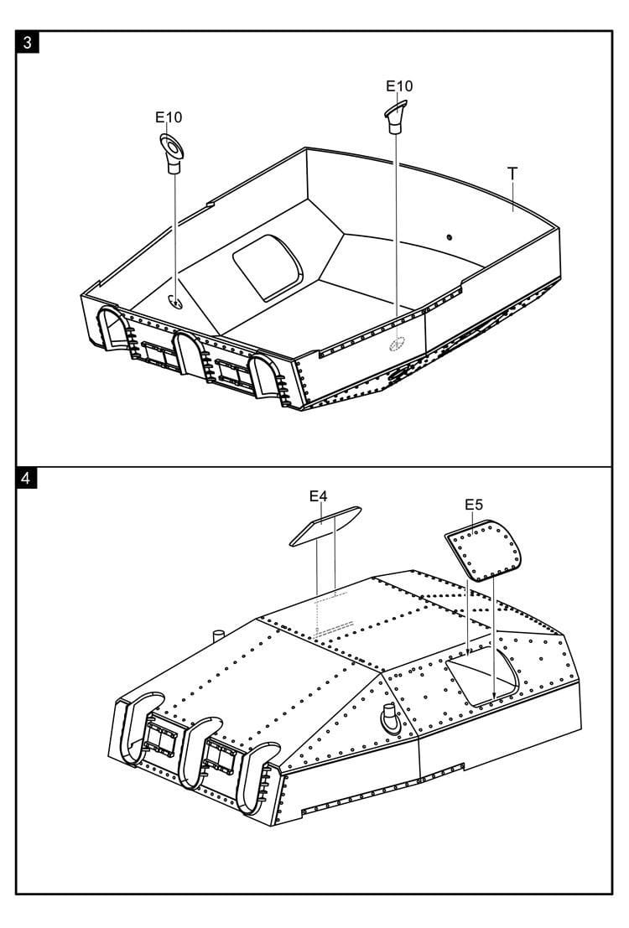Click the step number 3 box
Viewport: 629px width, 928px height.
pyautogui.click(x=27, y=43)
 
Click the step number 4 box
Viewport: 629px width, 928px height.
pyautogui.click(x=26, y=478)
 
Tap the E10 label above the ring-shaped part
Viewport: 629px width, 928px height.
pyautogui.click(x=169, y=117)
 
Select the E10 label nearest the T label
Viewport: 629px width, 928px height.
pyautogui.click(x=399, y=86)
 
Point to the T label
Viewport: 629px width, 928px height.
pyautogui.click(x=512, y=173)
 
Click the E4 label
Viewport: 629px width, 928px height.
pyautogui.click(x=318, y=496)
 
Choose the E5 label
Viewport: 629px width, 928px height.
pyautogui.click(x=474, y=505)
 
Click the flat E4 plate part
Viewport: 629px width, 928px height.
pyautogui.click(x=325, y=526)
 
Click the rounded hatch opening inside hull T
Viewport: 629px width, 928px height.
pyautogui.click(x=268, y=267)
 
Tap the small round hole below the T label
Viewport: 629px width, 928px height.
pyautogui.click(x=449, y=237)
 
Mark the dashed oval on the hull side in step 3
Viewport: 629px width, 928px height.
pyautogui.click(x=397, y=343)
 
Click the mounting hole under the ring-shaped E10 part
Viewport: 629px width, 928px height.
pyautogui.click(x=174, y=302)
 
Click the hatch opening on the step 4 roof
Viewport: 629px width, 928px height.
pyautogui.click(x=482, y=676)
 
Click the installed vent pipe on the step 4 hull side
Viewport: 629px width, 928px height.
pyautogui.click(x=390, y=718)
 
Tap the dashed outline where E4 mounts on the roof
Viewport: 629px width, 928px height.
pyautogui.click(x=335, y=615)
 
